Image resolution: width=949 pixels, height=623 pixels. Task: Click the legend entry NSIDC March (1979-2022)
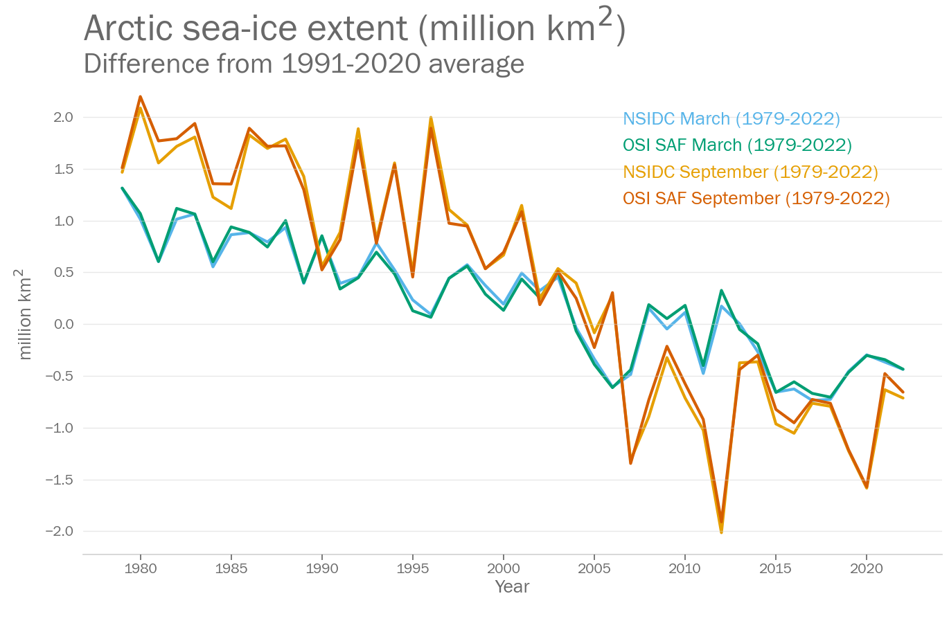pyautogui.click(x=731, y=118)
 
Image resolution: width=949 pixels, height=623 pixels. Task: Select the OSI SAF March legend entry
pyautogui.click(x=737, y=145)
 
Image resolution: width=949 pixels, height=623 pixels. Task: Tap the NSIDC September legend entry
pyautogui.click(x=750, y=172)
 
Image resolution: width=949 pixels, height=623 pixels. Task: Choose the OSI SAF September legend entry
pyautogui.click(x=756, y=198)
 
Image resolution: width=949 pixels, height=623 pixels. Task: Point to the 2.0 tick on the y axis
pyautogui.click(x=63, y=117)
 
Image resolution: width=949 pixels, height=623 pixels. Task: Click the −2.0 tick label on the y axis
pyautogui.click(x=60, y=531)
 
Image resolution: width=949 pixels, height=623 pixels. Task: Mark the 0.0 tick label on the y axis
pyautogui.click(x=63, y=324)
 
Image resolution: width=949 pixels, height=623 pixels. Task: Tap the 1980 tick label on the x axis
pyautogui.click(x=141, y=568)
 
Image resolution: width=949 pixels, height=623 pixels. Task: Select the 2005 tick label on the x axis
pyautogui.click(x=594, y=568)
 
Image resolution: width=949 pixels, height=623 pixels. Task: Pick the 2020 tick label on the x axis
pyautogui.click(x=866, y=568)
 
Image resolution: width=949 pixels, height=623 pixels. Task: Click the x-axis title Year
pyautogui.click(x=512, y=587)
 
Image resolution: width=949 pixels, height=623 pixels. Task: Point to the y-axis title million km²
pyautogui.click(x=24, y=314)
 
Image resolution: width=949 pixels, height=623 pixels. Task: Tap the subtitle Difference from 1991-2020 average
pyautogui.click(x=303, y=64)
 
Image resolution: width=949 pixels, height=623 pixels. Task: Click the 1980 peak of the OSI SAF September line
pyautogui.click(x=141, y=97)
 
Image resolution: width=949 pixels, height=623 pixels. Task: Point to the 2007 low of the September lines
pyautogui.click(x=630, y=462)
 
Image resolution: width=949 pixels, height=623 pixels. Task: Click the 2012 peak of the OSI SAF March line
pyautogui.click(x=721, y=291)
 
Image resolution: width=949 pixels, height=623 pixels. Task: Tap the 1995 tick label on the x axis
pyautogui.click(x=413, y=568)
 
